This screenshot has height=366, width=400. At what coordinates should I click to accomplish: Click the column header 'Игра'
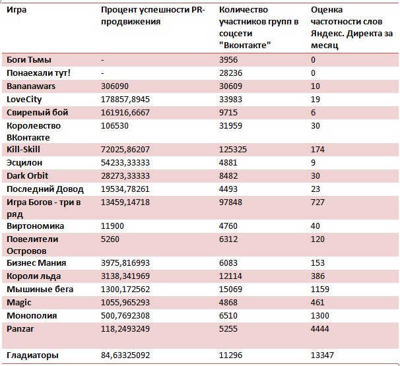pyautogui.click(x=17, y=10)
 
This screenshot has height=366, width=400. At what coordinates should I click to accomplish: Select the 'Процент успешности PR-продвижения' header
pyautogui.click(x=153, y=16)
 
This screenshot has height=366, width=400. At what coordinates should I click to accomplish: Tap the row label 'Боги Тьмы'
pyautogui.click(x=29, y=59)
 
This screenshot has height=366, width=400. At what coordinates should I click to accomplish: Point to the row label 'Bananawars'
pyautogui.click(x=31, y=86)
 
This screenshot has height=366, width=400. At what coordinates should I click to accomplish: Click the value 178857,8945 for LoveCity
pyautogui.click(x=125, y=100)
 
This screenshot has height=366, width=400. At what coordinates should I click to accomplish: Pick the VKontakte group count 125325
pyautogui.click(x=233, y=149)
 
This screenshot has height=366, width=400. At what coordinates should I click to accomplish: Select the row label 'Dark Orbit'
pyautogui.click(x=27, y=176)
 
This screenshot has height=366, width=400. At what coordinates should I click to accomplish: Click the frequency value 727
pyautogui.click(x=317, y=202)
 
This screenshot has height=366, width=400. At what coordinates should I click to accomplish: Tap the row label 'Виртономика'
pyautogui.click(x=35, y=226)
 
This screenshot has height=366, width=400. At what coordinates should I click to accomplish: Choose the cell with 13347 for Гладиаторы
pyautogui.click(x=322, y=355)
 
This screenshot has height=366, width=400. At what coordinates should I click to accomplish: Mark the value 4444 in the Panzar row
pyautogui.click(x=320, y=329)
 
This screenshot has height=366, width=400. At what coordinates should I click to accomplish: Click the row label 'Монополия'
pyautogui.click(x=32, y=315)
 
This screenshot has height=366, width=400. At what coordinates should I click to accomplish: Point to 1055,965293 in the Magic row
pyautogui.click(x=125, y=303)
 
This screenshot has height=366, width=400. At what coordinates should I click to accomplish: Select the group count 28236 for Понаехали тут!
pyautogui.click(x=230, y=73)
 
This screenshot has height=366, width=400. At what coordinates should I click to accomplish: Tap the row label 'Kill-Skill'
pyautogui.click(x=23, y=149)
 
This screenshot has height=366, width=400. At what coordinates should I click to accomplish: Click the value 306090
pyautogui.click(x=115, y=86)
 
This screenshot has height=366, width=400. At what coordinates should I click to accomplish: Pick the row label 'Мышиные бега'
pyautogui.click(x=40, y=290)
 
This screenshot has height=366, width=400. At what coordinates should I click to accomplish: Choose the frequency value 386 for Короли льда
pyautogui.click(x=317, y=276)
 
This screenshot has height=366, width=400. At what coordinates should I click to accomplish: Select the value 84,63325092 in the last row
pyautogui.click(x=125, y=355)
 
